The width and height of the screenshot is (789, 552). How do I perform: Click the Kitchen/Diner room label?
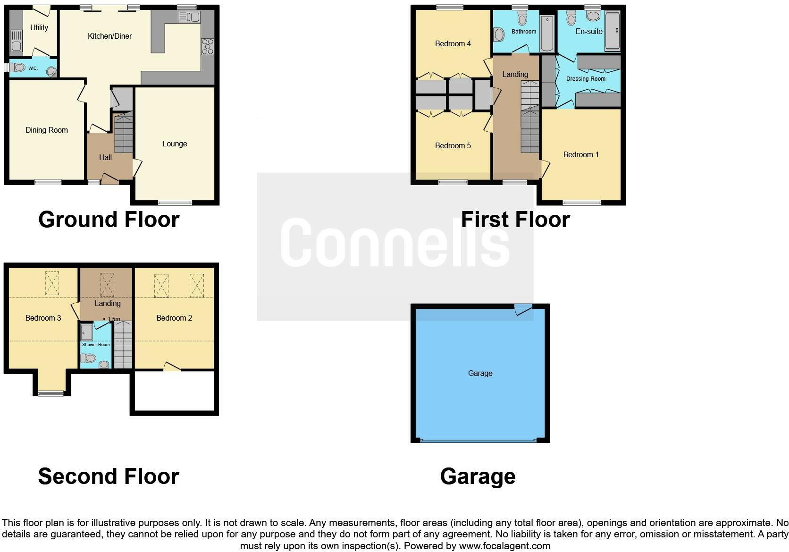point(109,36)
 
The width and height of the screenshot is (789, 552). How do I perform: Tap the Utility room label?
point(39,27)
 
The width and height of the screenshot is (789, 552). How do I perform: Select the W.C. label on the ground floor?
point(33,68)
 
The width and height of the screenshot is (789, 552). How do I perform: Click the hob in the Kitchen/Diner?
point(208,46)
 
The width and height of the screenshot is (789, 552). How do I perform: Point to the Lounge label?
point(175,144)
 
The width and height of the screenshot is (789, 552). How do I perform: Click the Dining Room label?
point(47,130)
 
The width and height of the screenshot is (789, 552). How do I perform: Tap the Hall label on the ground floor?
point(105,157)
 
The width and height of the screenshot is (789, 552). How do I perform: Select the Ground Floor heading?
point(109,220)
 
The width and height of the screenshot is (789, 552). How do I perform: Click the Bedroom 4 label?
point(453,43)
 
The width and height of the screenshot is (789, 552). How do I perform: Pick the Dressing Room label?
point(586,79)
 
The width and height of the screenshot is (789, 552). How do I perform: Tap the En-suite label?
point(589,31)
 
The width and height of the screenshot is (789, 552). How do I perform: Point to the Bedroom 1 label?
point(580,154)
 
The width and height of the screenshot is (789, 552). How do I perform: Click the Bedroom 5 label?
point(453,145)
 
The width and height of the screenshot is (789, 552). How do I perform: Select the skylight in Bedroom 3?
point(52,283)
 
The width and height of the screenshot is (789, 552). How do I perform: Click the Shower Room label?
point(96,345)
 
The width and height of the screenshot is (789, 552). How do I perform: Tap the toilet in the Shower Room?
point(104,364)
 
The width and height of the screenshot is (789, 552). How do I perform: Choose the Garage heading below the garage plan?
point(478,476)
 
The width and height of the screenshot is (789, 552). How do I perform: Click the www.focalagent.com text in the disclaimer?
point(504,546)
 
